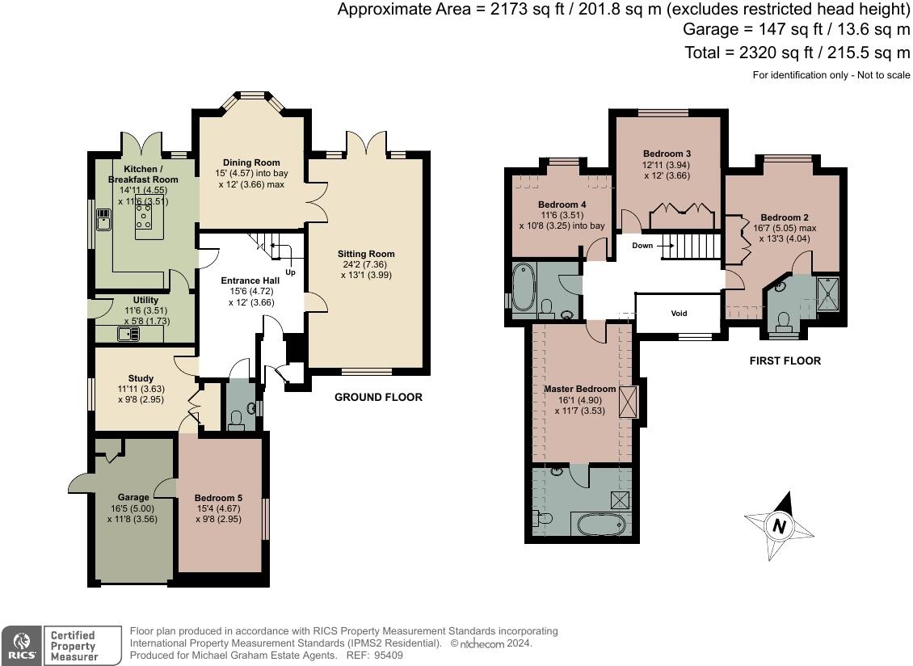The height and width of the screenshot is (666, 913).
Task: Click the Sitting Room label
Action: point(366,254)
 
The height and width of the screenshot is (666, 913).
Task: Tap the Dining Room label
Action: point(251,162)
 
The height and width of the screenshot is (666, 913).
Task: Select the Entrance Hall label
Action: point(251,280)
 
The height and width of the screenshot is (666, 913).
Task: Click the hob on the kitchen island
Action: point(143,215)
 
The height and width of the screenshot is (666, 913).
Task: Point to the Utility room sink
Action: point(128,334)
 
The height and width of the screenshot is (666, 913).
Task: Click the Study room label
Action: point(141,378)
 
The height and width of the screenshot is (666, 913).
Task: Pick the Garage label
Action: point(133,497)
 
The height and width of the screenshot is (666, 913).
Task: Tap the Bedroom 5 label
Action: point(218,498)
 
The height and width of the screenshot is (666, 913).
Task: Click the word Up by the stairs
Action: point(290,272)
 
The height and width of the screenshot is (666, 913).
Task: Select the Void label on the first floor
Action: point(679,313)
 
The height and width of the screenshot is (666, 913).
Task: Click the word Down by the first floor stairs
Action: point(643,246)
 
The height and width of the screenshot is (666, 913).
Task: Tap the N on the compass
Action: point(779,526)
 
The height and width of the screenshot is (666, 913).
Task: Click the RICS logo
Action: point(21,646)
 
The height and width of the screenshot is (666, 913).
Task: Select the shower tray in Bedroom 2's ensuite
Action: point(828,295)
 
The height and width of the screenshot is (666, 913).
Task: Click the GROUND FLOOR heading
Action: point(378,397)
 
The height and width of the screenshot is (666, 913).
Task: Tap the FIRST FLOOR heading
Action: point(785,360)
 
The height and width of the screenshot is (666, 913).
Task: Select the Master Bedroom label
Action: point(580,389)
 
